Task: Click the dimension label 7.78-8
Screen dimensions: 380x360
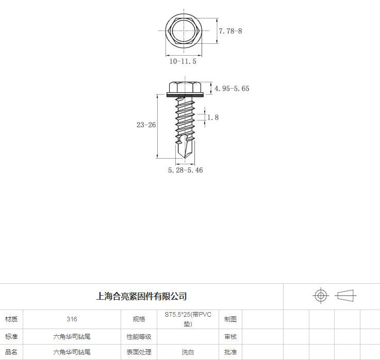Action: pyautogui.click(x=230, y=31)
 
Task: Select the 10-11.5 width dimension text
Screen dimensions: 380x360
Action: pyautogui.click(x=183, y=61)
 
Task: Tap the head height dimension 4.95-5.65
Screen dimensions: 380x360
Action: pyautogui.click(x=232, y=89)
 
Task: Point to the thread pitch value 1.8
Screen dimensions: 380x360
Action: pyautogui.click(x=213, y=117)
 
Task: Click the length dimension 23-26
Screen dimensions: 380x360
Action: pyautogui.click(x=146, y=125)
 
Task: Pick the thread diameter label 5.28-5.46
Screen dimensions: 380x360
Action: pyautogui.click(x=186, y=170)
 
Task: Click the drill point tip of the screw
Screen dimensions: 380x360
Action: pyautogui.click(x=185, y=158)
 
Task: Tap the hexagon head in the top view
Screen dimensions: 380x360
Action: pyautogui.click(x=184, y=31)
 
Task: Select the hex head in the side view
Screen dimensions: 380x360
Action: pyautogui.click(x=185, y=87)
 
